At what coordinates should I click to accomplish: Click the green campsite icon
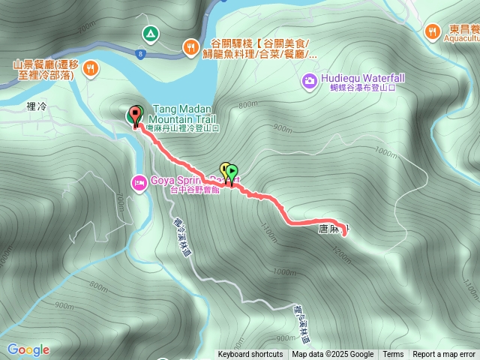[x=150, y=33]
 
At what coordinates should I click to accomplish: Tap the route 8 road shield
[x=140, y=54]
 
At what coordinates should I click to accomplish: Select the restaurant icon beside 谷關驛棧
[x=190, y=48]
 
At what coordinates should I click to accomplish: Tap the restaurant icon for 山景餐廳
[x=90, y=69]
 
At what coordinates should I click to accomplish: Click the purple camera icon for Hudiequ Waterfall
[x=309, y=80]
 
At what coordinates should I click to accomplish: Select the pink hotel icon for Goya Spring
[x=139, y=182]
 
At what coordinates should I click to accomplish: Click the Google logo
[x=28, y=349]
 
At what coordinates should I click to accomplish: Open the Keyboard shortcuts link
[x=250, y=355]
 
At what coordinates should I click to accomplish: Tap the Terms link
[x=393, y=355]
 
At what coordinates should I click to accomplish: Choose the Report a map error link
[x=444, y=355]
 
